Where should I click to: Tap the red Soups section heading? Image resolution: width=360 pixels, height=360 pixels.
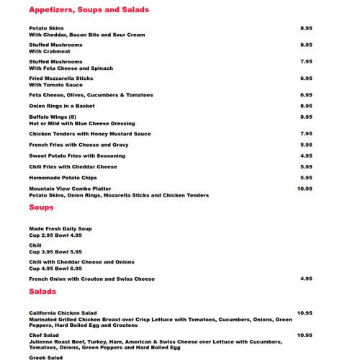tap(41, 207)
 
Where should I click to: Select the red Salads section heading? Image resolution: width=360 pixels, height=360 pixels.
tap(42, 292)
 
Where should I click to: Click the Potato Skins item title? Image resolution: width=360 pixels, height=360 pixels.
tap(46, 28)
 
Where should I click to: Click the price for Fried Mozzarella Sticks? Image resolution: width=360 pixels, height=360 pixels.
tap(305, 78)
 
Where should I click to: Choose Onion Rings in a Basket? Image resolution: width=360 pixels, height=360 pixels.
tap(61, 106)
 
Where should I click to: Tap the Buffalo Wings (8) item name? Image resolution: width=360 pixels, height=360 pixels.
tap(53, 117)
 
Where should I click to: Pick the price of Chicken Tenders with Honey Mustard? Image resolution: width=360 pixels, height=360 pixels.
tap(305, 133)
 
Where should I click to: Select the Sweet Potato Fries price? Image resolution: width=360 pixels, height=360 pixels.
tap(305, 156)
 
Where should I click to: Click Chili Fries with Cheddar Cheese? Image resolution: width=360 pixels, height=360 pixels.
tap(73, 166)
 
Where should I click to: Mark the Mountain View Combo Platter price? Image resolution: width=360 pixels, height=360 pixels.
tap(304, 189)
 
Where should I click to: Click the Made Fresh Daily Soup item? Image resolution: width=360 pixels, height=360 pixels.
tap(60, 228)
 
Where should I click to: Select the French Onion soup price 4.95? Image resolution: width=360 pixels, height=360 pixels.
tap(305, 279)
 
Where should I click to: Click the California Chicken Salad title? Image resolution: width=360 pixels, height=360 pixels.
tap(63, 313)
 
